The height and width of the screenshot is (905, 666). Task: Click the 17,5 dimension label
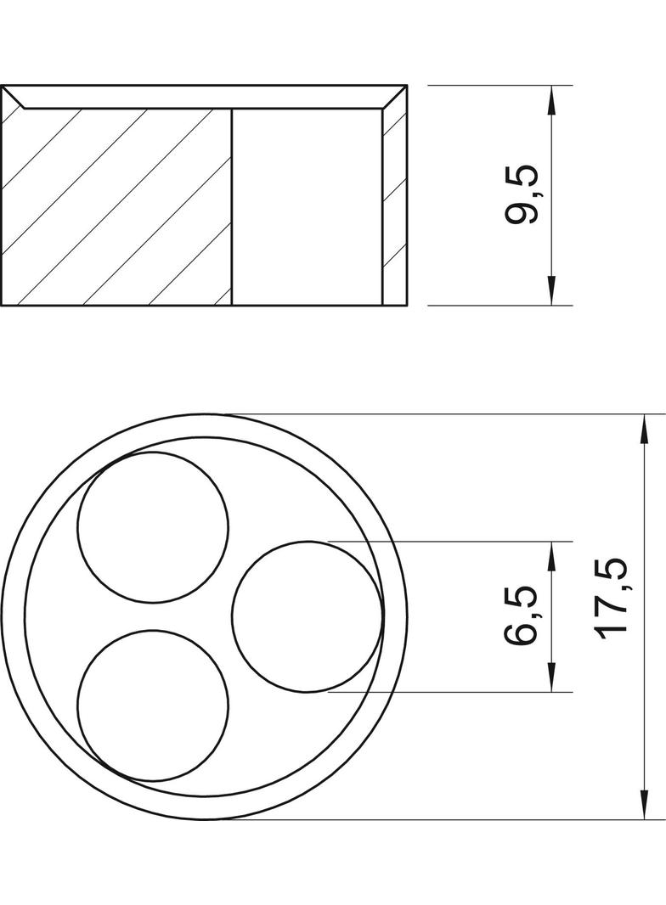pyautogui.click(x=611, y=599)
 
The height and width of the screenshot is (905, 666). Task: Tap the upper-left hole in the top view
pyautogui.click(x=153, y=527)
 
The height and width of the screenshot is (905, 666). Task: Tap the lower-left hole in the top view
pyautogui.click(x=153, y=705)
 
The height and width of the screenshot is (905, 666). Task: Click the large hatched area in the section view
pyautogui.click(x=119, y=208)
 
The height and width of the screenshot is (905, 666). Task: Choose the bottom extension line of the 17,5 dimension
pyautogui.click(x=442, y=819)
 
